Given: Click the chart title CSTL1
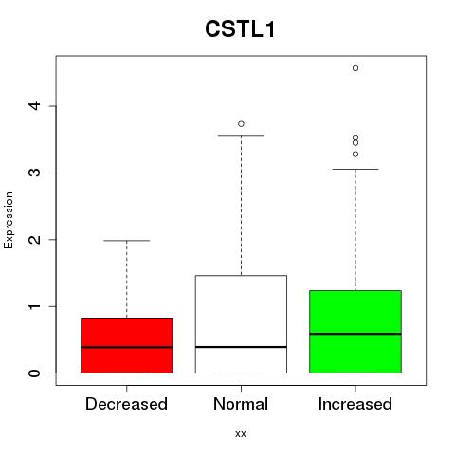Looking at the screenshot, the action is coord(240,28).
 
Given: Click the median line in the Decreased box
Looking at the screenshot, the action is coord(127,347).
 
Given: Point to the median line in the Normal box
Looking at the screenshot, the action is coord(241,347).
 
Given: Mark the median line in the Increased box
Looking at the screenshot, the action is coord(355,334).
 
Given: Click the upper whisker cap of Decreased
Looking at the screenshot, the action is coord(127,241).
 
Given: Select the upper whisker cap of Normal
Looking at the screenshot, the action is coord(241,136).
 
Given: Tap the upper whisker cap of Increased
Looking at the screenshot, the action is coord(355,169).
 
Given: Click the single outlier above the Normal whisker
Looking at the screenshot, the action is coord(241,124).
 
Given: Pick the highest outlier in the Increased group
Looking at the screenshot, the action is coord(355,68).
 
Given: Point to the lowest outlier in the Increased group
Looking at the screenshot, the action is coord(355,155).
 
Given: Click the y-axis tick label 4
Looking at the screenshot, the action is coord(35,106).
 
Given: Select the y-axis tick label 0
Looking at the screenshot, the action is coord(35,373).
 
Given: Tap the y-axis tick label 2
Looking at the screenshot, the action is coord(35,240).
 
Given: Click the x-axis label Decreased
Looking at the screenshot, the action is coord(126,404).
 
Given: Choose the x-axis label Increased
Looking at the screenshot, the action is coord(355,404).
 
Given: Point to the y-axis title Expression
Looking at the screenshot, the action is coord(9,220).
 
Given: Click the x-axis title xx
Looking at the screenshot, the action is coord(241,434).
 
